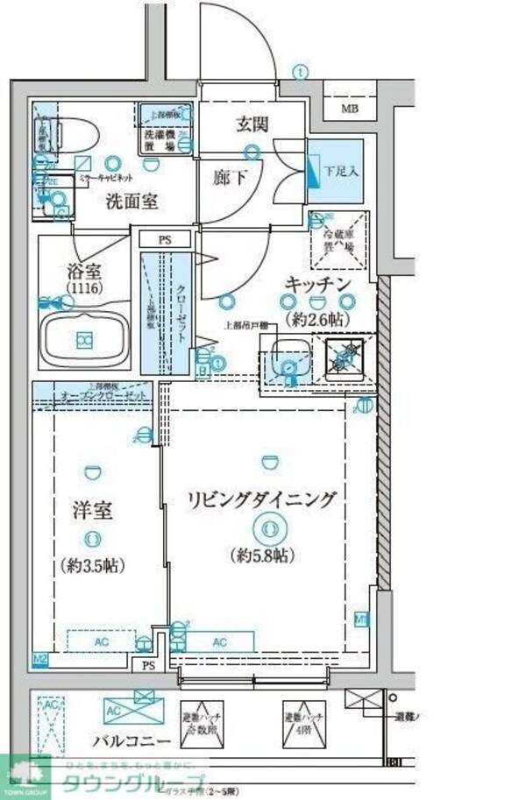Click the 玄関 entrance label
pos(251,124)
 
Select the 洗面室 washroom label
pos(131,202)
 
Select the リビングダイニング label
pos(261,499)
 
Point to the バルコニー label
pos(131,741)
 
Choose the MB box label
pos(349,110)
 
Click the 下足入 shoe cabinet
pos(335,171)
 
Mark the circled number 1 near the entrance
pos(301,72)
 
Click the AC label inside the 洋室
pos(102,642)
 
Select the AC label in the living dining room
pos(219,642)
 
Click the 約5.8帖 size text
pos(264,555)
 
